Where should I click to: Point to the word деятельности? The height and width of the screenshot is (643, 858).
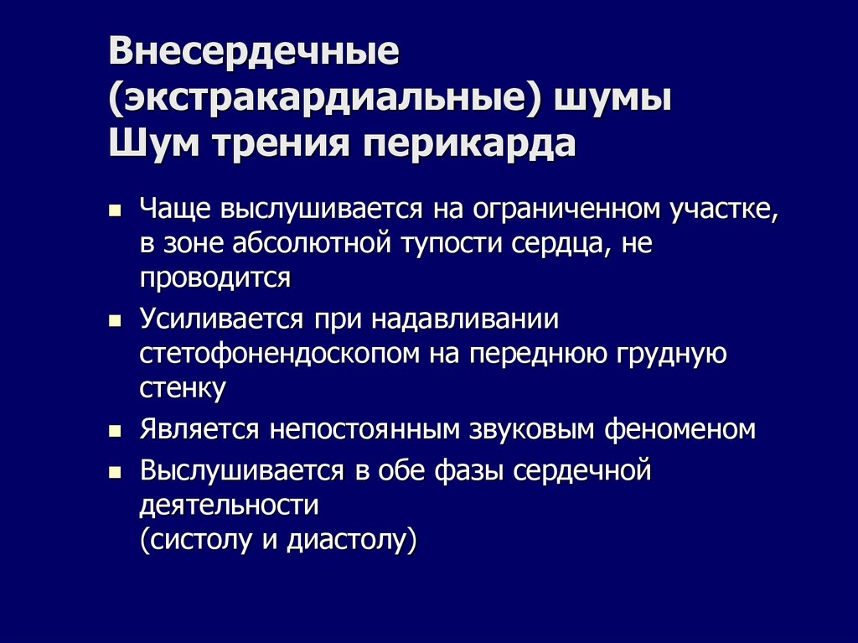click(x=230, y=506)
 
